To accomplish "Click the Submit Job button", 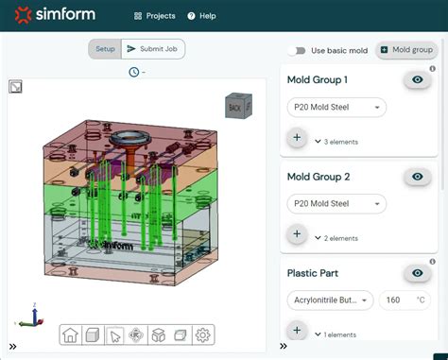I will pyautogui.click(x=154, y=49).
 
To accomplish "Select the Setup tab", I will pyautogui.click(x=104, y=49).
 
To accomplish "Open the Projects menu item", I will pyautogui.click(x=155, y=16).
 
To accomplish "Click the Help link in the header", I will pyautogui.click(x=201, y=16).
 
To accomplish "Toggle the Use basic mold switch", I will pyautogui.click(x=299, y=50).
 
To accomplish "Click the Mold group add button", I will pyautogui.click(x=405, y=49).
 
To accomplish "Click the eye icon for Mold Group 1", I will pyautogui.click(x=416, y=80).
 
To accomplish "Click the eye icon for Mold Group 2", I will pyautogui.click(x=416, y=177).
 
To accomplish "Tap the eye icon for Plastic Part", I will pyautogui.click(x=416, y=273).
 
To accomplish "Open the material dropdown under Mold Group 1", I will pyautogui.click(x=336, y=108).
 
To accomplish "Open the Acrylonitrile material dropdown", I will pyautogui.click(x=330, y=300).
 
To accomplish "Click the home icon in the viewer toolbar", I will pyautogui.click(x=71, y=334).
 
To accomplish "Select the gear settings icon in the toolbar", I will pyautogui.click(x=202, y=334).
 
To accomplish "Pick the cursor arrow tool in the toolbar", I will pyautogui.click(x=114, y=334).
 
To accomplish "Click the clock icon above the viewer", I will pyautogui.click(x=133, y=72).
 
